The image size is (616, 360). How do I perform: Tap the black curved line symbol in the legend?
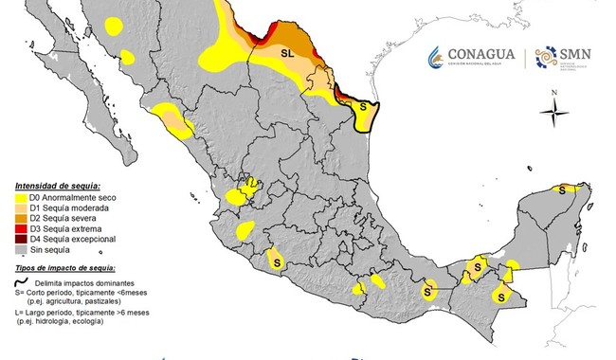tap(21, 282)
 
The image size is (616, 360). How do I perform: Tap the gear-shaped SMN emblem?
tap(547, 58)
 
